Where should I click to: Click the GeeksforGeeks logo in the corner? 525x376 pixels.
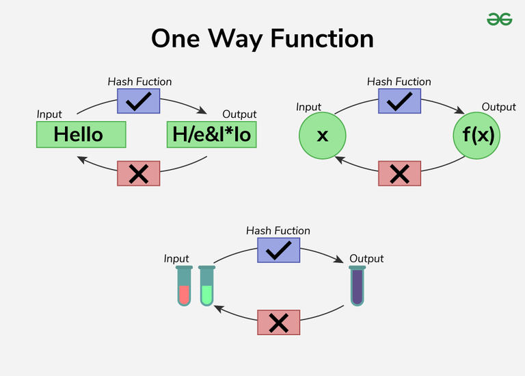499,20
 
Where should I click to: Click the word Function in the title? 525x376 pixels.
320,38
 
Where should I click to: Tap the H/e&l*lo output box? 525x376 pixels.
211,134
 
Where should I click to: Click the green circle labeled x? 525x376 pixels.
322,135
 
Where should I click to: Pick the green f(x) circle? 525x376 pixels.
476,135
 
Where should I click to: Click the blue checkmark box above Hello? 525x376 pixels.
139,101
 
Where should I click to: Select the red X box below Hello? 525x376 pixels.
139,173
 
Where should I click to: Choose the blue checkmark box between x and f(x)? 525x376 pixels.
399,101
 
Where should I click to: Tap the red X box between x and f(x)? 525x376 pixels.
399,173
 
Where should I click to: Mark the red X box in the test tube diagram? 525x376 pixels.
278,322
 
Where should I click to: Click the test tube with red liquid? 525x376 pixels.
184,286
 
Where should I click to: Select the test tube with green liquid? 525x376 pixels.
206,286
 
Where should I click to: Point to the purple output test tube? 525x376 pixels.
358,286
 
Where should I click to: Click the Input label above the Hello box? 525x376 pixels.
49,114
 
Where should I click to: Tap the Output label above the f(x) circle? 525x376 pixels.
499,107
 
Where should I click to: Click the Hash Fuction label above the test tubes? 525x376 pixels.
278,231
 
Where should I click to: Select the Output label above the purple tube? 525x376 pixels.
366,259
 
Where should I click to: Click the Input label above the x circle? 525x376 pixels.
308,107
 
